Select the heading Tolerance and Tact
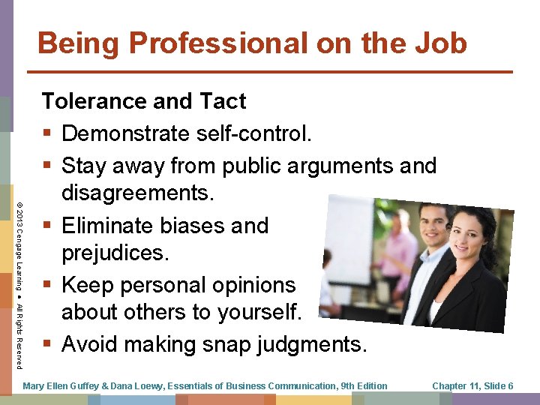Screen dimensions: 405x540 coord(143,100)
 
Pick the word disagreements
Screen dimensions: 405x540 coord(138,194)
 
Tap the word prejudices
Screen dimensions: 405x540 coord(115,253)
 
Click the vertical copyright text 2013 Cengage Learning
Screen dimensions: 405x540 coord(19,247)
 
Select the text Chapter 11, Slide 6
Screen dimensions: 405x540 coord(472,385)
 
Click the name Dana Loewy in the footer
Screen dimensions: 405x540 coord(142,385)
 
